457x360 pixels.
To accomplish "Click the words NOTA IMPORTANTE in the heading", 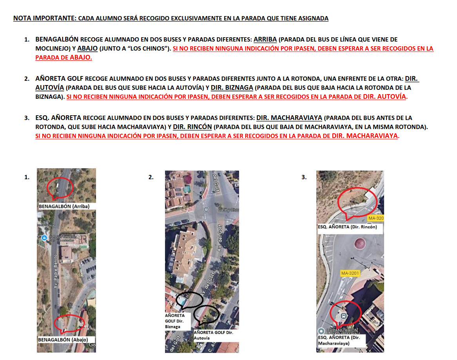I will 45,18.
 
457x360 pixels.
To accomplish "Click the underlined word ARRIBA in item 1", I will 265,40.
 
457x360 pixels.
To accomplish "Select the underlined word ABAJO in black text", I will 87,49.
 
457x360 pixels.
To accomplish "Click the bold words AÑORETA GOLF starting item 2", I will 59,79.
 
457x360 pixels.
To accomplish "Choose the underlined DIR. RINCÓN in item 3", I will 192,127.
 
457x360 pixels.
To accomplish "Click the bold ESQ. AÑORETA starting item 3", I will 58,118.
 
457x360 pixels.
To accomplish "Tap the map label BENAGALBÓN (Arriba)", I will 64,206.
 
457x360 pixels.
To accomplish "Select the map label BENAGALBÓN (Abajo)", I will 63,340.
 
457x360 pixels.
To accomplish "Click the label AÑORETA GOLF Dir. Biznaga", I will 175,321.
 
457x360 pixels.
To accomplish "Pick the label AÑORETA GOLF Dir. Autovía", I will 213,335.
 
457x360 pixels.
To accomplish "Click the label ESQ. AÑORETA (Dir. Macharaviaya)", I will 339,340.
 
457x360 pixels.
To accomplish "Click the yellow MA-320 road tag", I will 376,218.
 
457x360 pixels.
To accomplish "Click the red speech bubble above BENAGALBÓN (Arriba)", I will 60,189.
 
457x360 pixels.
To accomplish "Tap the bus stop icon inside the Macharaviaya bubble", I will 344,316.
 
